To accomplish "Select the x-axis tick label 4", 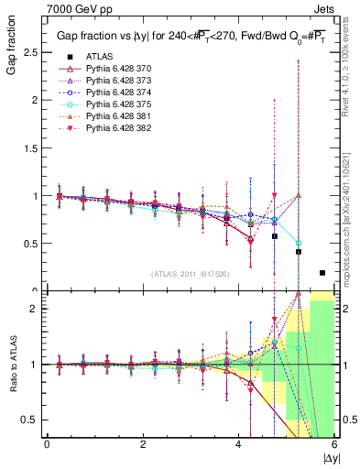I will pyautogui.click(x=239, y=444).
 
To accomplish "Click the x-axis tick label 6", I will pyautogui.click(x=334, y=444).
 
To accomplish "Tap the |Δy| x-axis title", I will pyautogui.click(x=329, y=457).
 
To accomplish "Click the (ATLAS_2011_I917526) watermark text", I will pyautogui.click(x=191, y=275).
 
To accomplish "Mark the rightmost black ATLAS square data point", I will pyautogui.click(x=322, y=273).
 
